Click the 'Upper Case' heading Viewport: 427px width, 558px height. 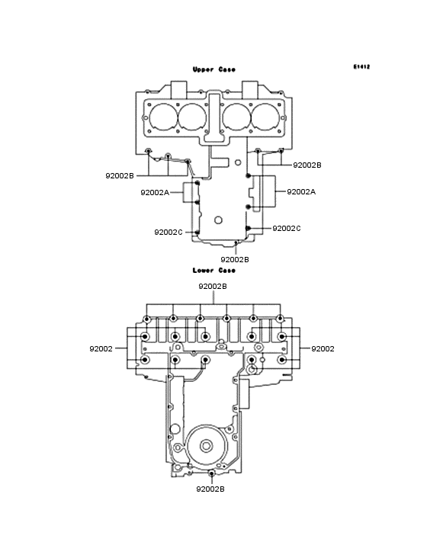[x=213, y=69]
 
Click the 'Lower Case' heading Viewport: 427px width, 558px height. [x=213, y=271]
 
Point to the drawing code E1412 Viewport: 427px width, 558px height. [x=361, y=66]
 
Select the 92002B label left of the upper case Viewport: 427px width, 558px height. [x=120, y=176]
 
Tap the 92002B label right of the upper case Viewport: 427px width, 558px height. [x=307, y=165]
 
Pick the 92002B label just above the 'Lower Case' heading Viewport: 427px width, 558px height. [x=235, y=260]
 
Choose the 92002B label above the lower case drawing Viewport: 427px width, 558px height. [x=213, y=287]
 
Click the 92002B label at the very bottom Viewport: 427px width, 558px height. [x=210, y=489]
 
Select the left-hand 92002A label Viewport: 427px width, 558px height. [x=155, y=193]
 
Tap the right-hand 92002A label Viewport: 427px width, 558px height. [x=301, y=192]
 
